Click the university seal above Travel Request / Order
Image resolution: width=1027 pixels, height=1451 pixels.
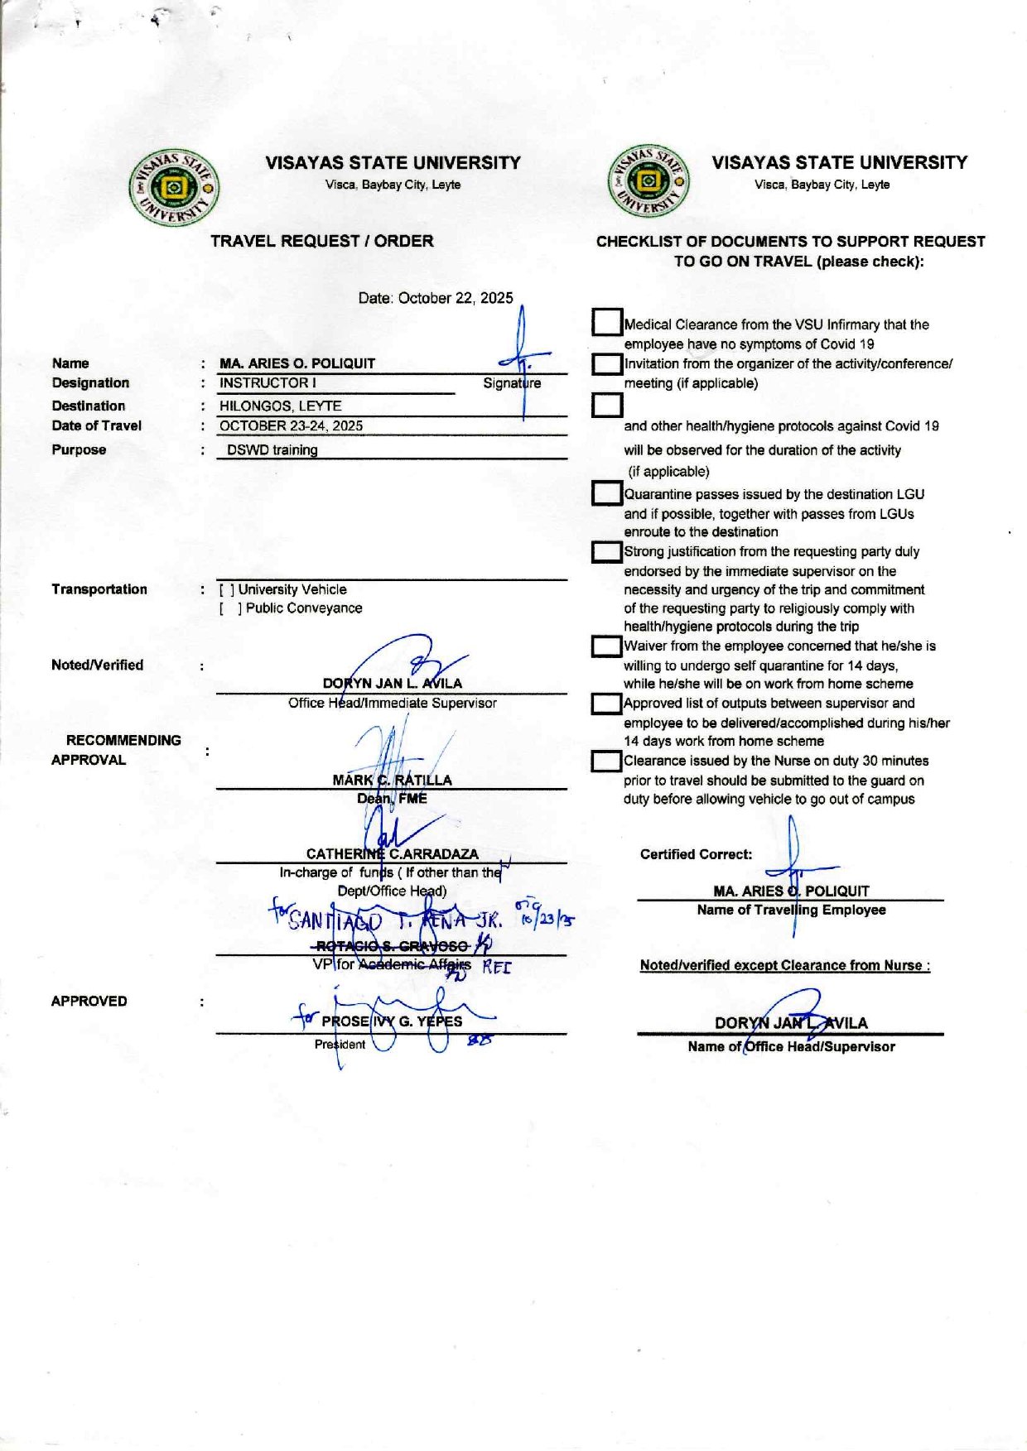174,188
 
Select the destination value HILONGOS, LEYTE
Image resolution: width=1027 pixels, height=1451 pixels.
280,406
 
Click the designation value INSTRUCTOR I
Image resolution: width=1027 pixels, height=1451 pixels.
268,383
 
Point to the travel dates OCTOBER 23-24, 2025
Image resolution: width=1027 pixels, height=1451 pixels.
291,426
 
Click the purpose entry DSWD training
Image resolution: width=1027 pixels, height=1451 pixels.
272,450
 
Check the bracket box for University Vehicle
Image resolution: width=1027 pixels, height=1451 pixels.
226,590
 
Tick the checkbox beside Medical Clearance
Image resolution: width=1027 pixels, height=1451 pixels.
607,323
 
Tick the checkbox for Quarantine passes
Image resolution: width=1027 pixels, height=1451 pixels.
607,494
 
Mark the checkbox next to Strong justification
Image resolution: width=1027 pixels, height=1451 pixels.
607,552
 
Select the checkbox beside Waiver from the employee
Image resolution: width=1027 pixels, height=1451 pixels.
607,646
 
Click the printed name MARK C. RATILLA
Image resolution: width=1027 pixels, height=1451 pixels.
392,780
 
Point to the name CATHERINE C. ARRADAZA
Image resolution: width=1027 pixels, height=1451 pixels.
392,854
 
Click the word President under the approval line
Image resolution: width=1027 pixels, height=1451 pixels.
340,1045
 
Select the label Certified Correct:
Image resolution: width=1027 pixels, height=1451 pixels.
696,854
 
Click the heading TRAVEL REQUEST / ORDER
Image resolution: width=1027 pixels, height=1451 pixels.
321,241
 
